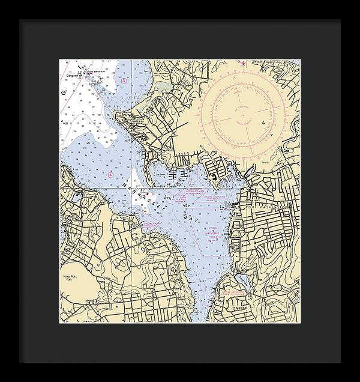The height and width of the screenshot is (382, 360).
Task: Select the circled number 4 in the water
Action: coord(110,174)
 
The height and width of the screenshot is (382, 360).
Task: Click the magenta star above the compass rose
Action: coord(243,63)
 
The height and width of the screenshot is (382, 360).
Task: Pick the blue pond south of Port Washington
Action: coord(241,280)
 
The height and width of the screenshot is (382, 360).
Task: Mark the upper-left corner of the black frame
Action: coord(19,20)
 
